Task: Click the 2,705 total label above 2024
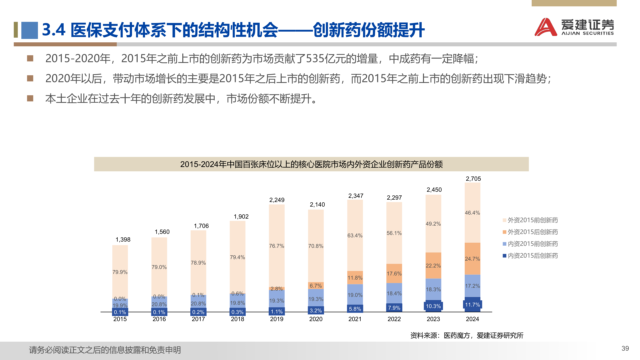pos(473,179)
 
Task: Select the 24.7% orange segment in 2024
pos(472,259)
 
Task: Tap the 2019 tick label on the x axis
pos(277,319)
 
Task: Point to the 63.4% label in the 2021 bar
pos(355,235)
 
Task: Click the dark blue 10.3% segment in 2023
pos(433,306)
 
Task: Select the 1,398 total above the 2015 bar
pos(123,240)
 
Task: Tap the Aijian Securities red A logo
pos(545,27)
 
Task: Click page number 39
pos(625,348)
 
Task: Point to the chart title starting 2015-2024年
pos(311,164)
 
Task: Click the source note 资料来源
pos(466,335)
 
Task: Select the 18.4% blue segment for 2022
pos(394,293)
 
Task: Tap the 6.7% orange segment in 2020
pos(316,286)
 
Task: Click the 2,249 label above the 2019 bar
pos(277,200)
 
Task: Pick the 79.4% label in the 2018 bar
pos(237,257)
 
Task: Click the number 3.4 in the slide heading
pos(54,30)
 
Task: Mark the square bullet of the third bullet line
pos(30,98)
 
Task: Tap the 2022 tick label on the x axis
pos(394,319)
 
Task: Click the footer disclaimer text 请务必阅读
pos(105,350)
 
